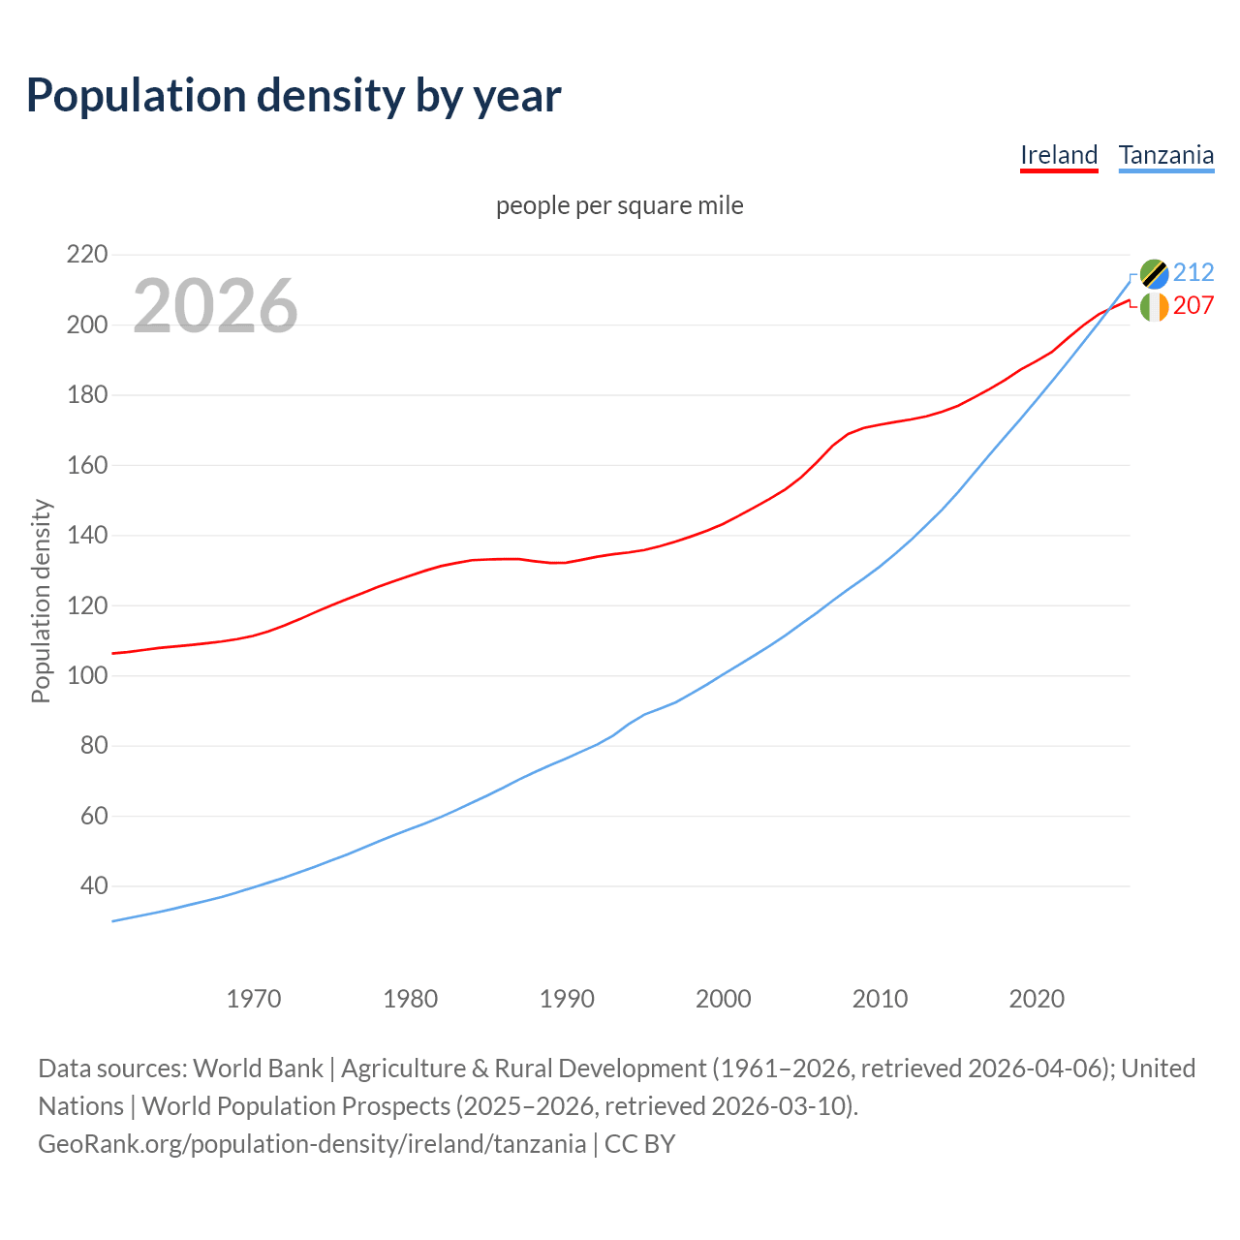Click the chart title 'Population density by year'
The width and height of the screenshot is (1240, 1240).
click(x=294, y=95)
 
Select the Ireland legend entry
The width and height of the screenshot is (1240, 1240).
click(x=1059, y=155)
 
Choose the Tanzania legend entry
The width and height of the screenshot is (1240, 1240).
click(x=1165, y=155)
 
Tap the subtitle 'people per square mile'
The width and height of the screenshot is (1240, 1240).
click(x=619, y=205)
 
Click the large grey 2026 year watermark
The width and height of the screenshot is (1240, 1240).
click(x=215, y=306)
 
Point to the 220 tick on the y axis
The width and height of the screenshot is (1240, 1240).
click(x=86, y=255)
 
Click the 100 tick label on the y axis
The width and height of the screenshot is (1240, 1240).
click(x=86, y=675)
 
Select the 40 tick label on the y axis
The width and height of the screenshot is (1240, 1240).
click(x=93, y=885)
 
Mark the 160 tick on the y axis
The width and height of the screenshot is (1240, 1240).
click(x=86, y=465)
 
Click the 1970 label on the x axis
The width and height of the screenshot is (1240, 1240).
click(x=254, y=999)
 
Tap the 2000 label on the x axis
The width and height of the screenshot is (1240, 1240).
click(x=723, y=999)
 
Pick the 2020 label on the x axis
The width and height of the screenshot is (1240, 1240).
click(x=1037, y=999)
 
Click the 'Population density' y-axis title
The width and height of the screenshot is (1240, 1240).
click(x=41, y=601)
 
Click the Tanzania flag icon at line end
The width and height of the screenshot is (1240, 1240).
click(x=1154, y=274)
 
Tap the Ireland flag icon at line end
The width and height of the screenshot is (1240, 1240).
click(x=1154, y=307)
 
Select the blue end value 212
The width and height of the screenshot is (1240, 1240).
click(x=1193, y=272)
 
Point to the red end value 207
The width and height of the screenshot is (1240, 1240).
click(x=1193, y=305)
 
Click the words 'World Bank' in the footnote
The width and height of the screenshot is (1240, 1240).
click(x=258, y=1069)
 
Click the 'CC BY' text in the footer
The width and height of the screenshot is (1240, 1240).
click(x=639, y=1144)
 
